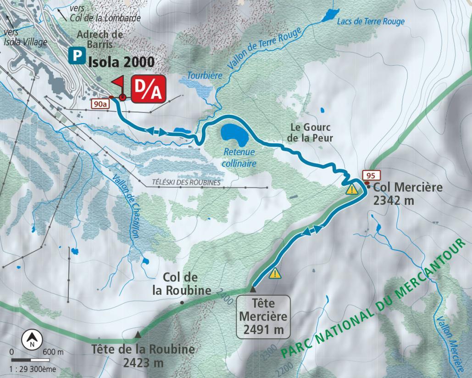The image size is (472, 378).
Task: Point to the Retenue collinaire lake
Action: (x=234, y=135)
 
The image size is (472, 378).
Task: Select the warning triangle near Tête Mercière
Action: (x=275, y=273)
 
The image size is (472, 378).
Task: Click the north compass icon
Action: (x=32, y=339)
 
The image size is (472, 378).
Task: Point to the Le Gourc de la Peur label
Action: (x=311, y=132)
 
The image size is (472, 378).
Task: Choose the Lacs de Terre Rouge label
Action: (x=371, y=22)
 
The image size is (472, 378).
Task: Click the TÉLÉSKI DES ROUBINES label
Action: (x=186, y=182)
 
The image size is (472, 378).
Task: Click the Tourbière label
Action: (x=205, y=75)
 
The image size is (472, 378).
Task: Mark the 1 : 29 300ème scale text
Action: (x=33, y=367)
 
